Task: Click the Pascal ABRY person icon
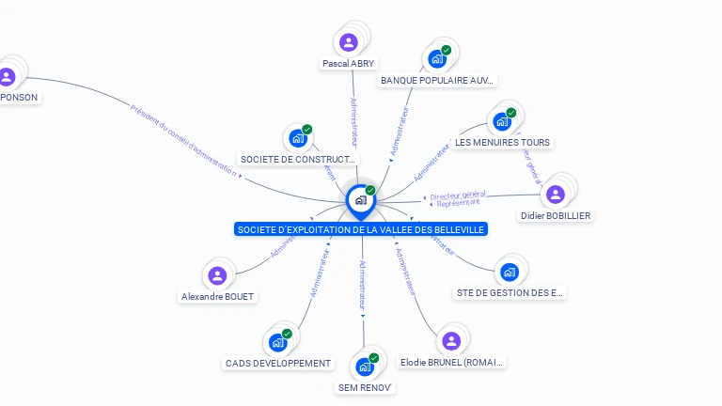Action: (349, 42)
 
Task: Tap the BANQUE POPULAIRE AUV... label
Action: (437, 81)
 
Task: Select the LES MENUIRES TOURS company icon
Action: (501, 121)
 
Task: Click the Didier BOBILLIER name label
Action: (556, 215)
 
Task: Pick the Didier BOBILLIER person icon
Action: (556, 194)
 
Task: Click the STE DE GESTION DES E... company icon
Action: (510, 272)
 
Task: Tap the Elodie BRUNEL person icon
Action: (451, 340)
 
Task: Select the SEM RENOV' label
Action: (365, 387)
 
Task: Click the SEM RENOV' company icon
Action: (365, 367)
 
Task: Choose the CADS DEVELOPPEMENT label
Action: (278, 363)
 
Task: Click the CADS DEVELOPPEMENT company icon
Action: (278, 342)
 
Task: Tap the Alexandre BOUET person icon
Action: (217, 275)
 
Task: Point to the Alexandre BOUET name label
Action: (217, 296)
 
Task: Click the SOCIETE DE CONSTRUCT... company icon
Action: (298, 138)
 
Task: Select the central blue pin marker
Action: (360, 199)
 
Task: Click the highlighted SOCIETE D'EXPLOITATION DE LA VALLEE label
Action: (361, 229)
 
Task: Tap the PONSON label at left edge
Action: (20, 97)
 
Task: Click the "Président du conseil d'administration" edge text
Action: (182, 140)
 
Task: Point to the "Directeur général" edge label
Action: (458, 194)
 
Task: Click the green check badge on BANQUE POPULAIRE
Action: (447, 50)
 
